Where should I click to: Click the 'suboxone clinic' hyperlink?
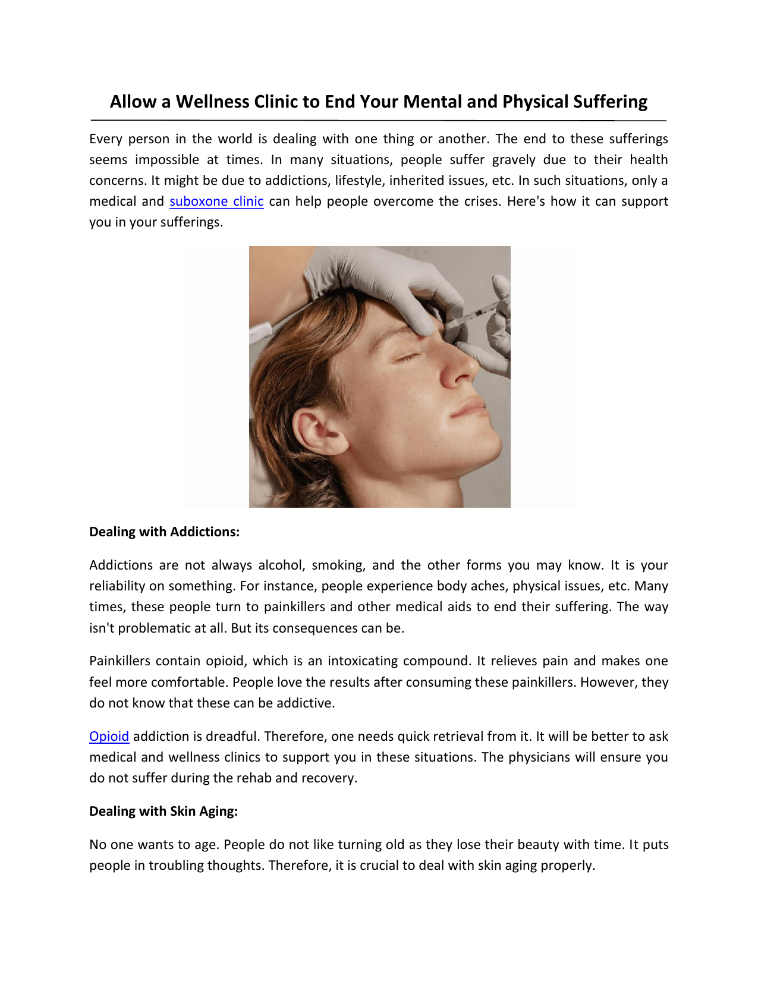pos(216,202)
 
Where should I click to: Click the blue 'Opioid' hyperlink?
pos(109,736)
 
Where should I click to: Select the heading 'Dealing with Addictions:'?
pos(164,532)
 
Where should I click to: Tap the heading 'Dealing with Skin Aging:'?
pos(163,811)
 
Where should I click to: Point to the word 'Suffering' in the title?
pos(610,102)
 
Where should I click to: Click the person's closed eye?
pos(407,357)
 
